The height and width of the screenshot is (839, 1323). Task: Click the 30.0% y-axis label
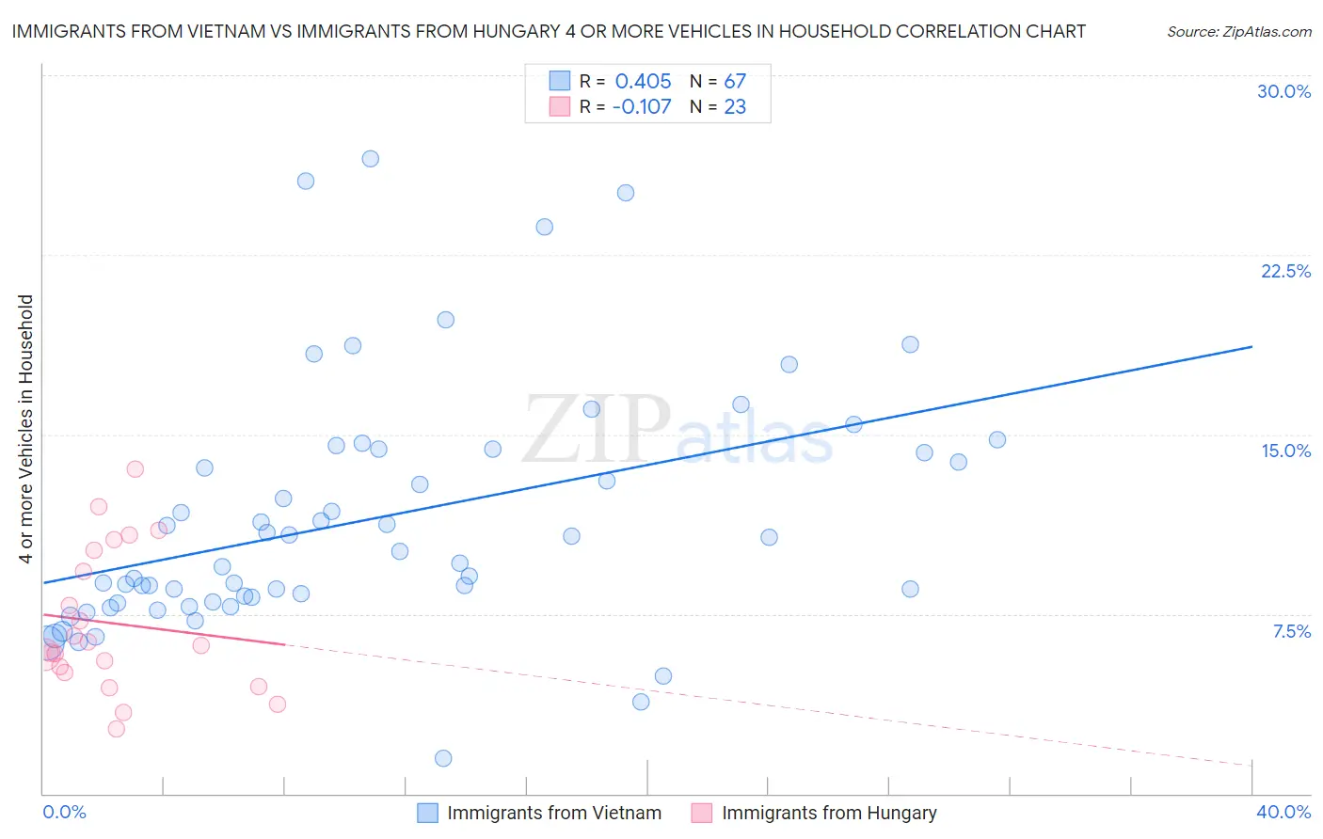(1283, 91)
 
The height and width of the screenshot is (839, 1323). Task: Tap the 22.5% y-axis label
(1285, 271)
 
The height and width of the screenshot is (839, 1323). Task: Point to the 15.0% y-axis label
(1285, 451)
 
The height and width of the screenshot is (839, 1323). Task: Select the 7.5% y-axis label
(1291, 631)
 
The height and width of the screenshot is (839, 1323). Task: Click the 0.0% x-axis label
(64, 812)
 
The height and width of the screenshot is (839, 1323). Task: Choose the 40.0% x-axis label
(1283, 812)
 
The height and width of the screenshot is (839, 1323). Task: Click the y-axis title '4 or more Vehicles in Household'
(26, 429)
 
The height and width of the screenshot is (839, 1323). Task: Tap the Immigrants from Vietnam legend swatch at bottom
(427, 813)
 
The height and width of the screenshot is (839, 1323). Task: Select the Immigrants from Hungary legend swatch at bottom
(702, 813)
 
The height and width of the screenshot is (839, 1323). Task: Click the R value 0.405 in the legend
(643, 82)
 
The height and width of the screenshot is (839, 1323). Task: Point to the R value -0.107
(642, 107)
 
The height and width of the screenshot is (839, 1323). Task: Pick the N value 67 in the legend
(735, 82)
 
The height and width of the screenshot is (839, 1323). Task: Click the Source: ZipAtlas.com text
(1238, 32)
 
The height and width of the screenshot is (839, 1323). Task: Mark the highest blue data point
(371, 159)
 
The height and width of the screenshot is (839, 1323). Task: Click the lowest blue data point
(443, 758)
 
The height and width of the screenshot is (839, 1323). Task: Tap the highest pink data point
(135, 469)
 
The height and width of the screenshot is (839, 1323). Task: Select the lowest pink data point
(117, 729)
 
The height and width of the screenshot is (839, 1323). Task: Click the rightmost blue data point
(997, 440)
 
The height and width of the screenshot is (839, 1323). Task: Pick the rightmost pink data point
(278, 704)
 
